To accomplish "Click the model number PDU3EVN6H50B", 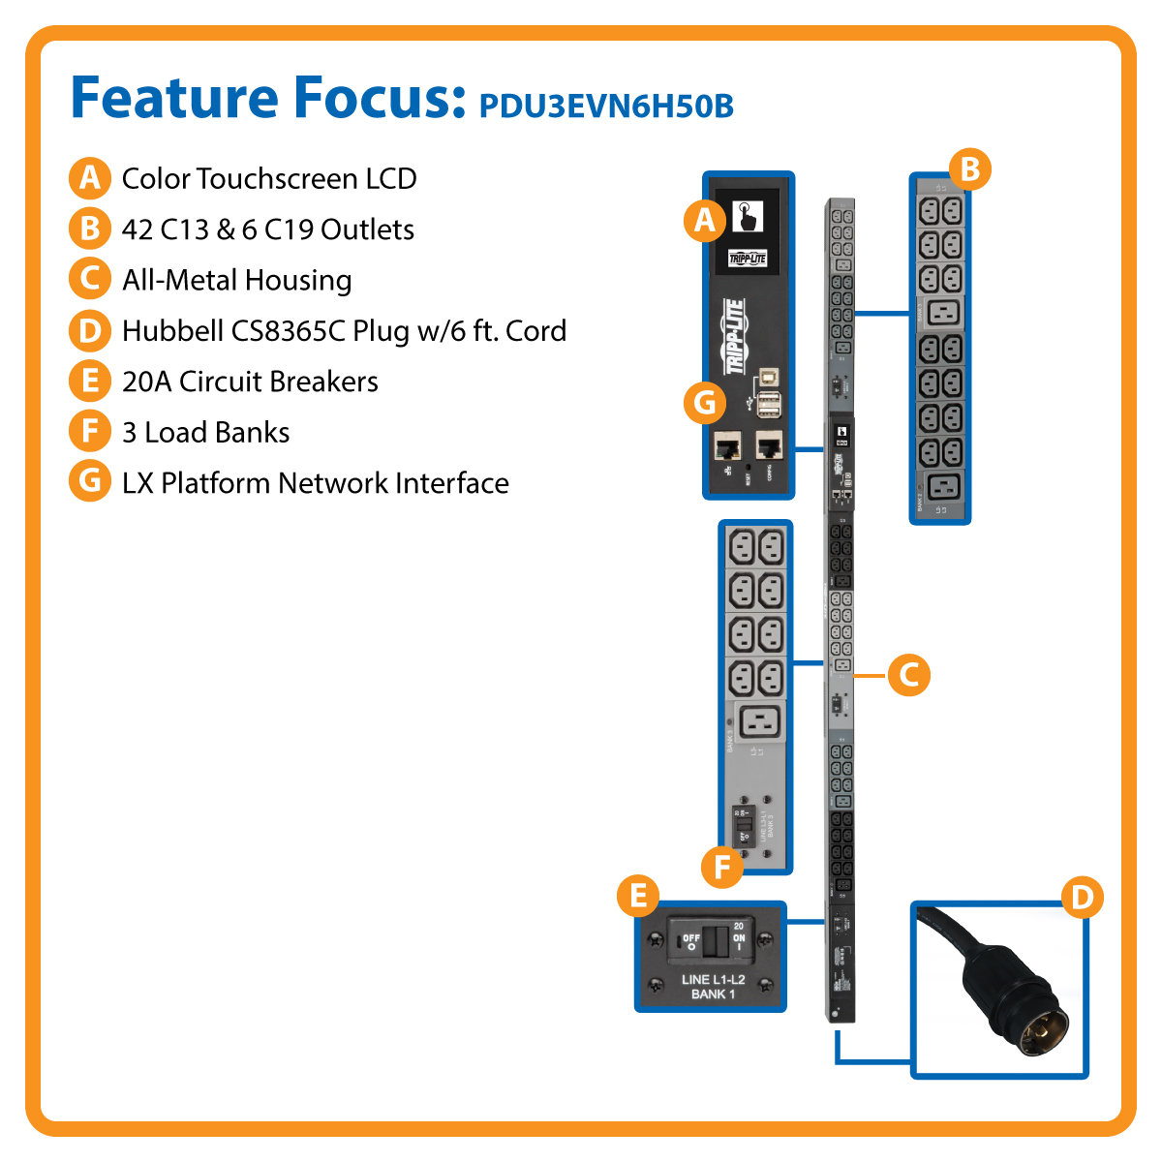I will pos(606,106).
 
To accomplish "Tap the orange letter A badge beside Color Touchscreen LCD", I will pos(89,178).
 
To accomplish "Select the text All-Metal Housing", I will pos(236,280).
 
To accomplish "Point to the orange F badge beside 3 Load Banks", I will pos(89,432).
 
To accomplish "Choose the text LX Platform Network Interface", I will pos(315,482).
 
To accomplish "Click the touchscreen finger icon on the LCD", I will pos(747,216).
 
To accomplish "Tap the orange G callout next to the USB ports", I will pos(704,401).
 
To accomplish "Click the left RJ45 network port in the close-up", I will pos(726,446).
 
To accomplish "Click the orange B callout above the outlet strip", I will pos(969,169).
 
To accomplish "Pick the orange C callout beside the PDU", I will pos(908,675).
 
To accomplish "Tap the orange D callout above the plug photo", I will pos(1082,897).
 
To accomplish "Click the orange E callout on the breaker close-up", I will pos(638,896).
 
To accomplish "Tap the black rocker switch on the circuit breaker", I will pos(715,939).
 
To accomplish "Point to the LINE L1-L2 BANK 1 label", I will pos(713,987).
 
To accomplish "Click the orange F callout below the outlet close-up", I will pos(721,867).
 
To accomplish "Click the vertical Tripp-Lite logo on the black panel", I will pos(735,336).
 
